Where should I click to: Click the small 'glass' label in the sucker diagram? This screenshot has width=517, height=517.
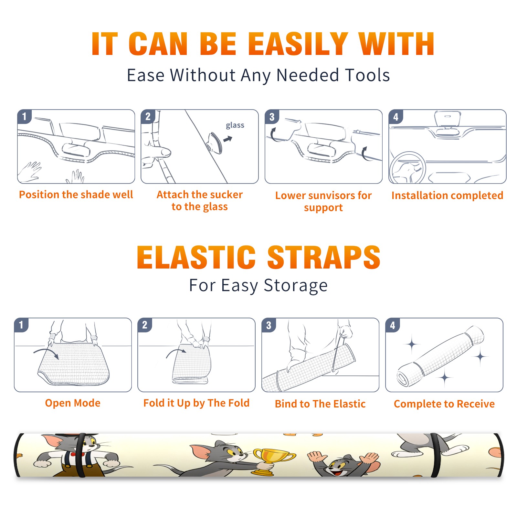(x=235, y=125)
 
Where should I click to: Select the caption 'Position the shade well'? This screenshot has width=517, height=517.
(x=76, y=195)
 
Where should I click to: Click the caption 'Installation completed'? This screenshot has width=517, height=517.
(x=447, y=195)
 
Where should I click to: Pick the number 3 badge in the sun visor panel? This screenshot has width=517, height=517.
(x=272, y=117)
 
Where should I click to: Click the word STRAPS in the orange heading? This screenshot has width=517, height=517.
(x=324, y=257)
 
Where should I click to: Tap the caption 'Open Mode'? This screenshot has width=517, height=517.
(x=73, y=403)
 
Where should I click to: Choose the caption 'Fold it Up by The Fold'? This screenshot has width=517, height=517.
(x=196, y=403)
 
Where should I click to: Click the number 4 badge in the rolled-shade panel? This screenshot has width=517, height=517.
(x=393, y=325)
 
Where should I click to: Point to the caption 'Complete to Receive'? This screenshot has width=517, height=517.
(x=444, y=404)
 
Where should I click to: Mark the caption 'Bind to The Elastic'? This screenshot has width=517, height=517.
(x=320, y=404)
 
